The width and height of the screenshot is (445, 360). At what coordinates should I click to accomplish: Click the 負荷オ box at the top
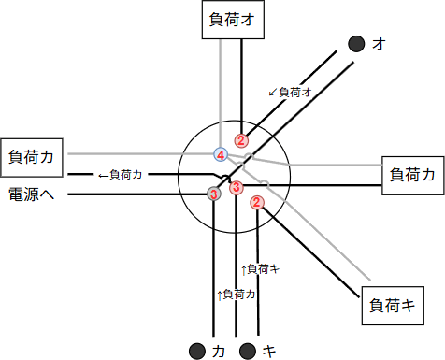[x=229, y=20]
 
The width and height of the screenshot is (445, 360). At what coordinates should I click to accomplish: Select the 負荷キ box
[x=392, y=304]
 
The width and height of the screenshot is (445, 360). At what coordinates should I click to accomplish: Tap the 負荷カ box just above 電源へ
[x=33, y=156]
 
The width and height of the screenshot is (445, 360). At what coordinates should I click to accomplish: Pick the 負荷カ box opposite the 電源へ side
[x=412, y=174]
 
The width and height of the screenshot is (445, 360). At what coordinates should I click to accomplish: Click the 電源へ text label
[x=33, y=194]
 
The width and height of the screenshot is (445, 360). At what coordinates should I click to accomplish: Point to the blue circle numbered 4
[x=221, y=154]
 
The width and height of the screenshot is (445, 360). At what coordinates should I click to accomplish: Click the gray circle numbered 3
[x=214, y=194]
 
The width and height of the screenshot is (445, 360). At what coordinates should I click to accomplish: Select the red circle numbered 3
[x=237, y=187]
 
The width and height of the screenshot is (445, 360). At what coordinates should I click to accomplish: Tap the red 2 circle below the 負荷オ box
[x=241, y=141]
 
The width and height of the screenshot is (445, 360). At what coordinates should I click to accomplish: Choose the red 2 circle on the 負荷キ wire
[x=258, y=202]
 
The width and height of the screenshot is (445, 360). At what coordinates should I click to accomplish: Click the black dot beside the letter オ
[x=356, y=43]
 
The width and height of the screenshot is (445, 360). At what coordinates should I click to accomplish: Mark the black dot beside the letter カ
[x=196, y=352]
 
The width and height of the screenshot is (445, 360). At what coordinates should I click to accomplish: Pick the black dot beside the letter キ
[x=248, y=352]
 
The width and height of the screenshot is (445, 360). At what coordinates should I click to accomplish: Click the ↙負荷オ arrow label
[x=289, y=92]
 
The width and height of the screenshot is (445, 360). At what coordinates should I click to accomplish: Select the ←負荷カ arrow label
[x=120, y=174]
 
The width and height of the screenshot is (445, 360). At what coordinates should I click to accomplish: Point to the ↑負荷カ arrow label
[x=237, y=295]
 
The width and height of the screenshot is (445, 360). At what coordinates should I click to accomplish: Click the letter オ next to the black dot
[x=379, y=43]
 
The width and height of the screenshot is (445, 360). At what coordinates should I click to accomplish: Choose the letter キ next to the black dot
[x=269, y=352]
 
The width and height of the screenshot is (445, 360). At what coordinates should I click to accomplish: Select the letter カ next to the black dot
[x=218, y=352]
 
